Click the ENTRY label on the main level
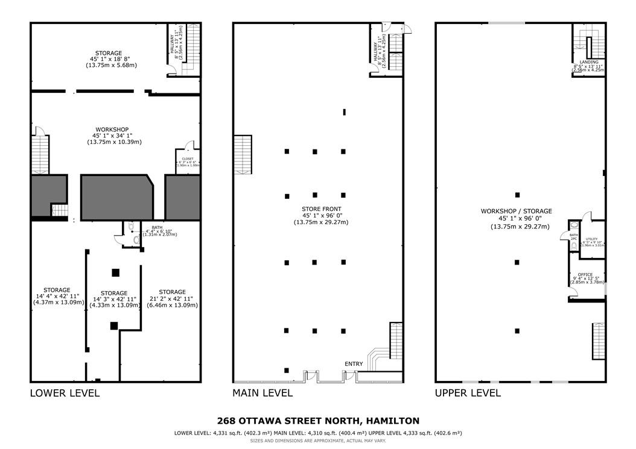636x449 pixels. coord(354,364)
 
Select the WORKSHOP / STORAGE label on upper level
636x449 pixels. coord(516,211)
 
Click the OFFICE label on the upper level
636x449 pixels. coord(585,274)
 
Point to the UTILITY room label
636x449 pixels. coord(591,239)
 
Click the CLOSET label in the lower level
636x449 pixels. coord(188,159)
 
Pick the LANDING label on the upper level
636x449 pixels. coord(588,62)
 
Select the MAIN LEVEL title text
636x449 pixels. coord(262,393)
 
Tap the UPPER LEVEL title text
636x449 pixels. coord(468,393)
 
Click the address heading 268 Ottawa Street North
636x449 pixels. coord(317,421)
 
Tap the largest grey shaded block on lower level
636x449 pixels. coord(116,196)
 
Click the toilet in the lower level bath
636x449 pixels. coord(136,240)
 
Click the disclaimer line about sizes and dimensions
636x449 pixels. coord(317,441)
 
